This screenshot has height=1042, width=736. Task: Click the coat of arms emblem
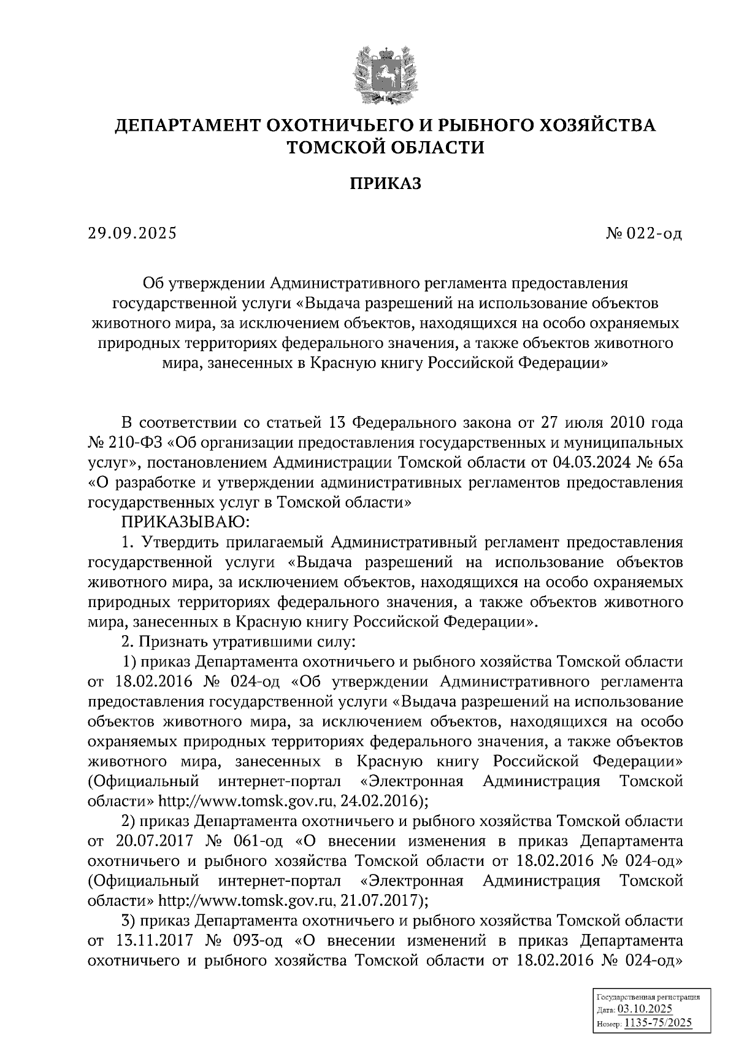click(385, 74)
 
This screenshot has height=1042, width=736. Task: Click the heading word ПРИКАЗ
click(386, 183)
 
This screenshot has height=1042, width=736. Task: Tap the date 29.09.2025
click(132, 233)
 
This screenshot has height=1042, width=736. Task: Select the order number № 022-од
click(643, 234)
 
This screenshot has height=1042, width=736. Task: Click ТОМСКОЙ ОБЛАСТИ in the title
click(386, 148)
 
